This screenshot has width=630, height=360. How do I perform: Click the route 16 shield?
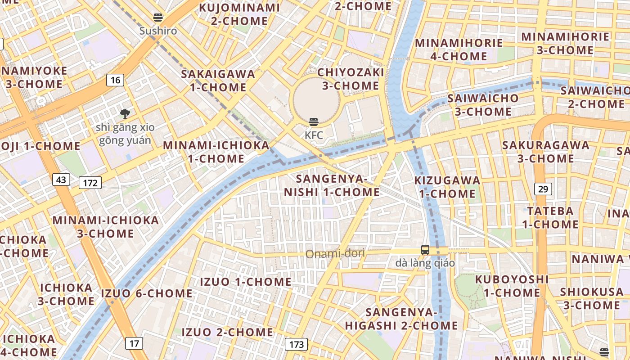tap(115, 80)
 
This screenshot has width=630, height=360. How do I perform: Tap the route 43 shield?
tap(61, 180)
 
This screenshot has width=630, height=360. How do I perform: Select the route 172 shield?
tap(90, 183)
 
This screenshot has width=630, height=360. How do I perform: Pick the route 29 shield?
tap(543, 189)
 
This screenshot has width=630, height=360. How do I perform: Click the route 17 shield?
tap(134, 344)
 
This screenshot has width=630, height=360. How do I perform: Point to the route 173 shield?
tap(296, 345)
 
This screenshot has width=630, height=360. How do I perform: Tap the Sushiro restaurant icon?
tap(158, 18)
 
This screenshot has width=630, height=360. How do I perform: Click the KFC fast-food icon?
tap(314, 122)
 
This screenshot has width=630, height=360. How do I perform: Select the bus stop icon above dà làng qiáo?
tap(425, 250)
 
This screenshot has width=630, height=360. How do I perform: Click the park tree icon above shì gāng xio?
tap(125, 114)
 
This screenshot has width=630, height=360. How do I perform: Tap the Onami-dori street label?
tap(335, 254)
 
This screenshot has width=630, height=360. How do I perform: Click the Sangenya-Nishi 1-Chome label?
tap(332, 185)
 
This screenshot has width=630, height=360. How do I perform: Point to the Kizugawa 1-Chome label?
tap(447, 187)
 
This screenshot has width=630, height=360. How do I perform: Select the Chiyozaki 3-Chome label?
tap(351, 79)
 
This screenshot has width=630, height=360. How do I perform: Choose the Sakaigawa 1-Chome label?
tap(218, 81)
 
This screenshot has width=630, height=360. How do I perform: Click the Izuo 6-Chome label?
tap(147, 293)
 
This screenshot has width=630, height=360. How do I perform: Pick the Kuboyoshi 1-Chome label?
tap(512, 286)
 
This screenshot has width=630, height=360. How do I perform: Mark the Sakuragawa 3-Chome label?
tap(546, 152)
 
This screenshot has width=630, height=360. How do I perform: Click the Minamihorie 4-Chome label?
tap(459, 49)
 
